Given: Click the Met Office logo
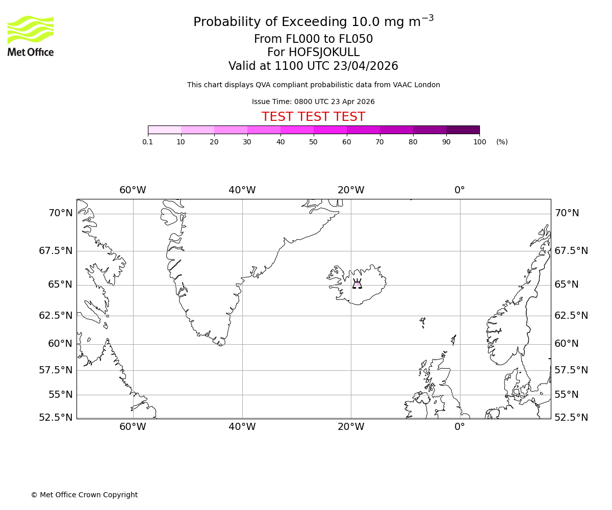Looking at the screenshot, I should point(31,36).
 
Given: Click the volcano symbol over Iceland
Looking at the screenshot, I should point(357,284).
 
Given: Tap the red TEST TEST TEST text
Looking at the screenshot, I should point(313,117).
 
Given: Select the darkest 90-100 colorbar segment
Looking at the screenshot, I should point(463,130).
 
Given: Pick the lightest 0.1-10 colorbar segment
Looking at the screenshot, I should point(164,130).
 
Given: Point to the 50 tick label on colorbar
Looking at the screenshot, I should point(313,142).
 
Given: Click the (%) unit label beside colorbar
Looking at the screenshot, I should point(502,142).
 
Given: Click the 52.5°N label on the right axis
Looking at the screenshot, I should point(571,418).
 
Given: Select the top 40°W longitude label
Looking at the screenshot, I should point(242,190).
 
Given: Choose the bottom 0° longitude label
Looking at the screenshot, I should point(460,427).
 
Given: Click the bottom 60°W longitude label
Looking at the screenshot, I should point(133,427).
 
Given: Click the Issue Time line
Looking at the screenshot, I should point(313,102).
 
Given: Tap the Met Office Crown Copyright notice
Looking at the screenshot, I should point(84,495).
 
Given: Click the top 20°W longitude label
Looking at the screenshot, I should point(351,190).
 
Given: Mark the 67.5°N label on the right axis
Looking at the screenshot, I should point(571,251).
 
